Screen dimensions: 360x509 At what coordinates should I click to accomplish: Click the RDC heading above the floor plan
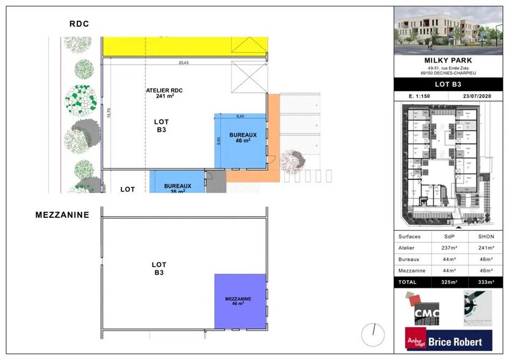point(80,24)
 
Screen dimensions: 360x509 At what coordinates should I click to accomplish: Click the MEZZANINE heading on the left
point(62,215)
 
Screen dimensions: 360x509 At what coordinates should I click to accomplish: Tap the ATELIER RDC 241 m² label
point(164,93)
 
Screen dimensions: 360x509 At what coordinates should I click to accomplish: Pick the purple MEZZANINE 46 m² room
point(240,301)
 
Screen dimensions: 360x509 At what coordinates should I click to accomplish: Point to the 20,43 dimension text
point(184,62)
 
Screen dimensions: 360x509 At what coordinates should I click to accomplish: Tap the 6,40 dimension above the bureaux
point(240,116)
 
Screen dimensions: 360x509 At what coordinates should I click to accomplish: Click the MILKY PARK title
point(451,60)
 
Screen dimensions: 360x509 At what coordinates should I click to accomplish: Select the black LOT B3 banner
point(451,84)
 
